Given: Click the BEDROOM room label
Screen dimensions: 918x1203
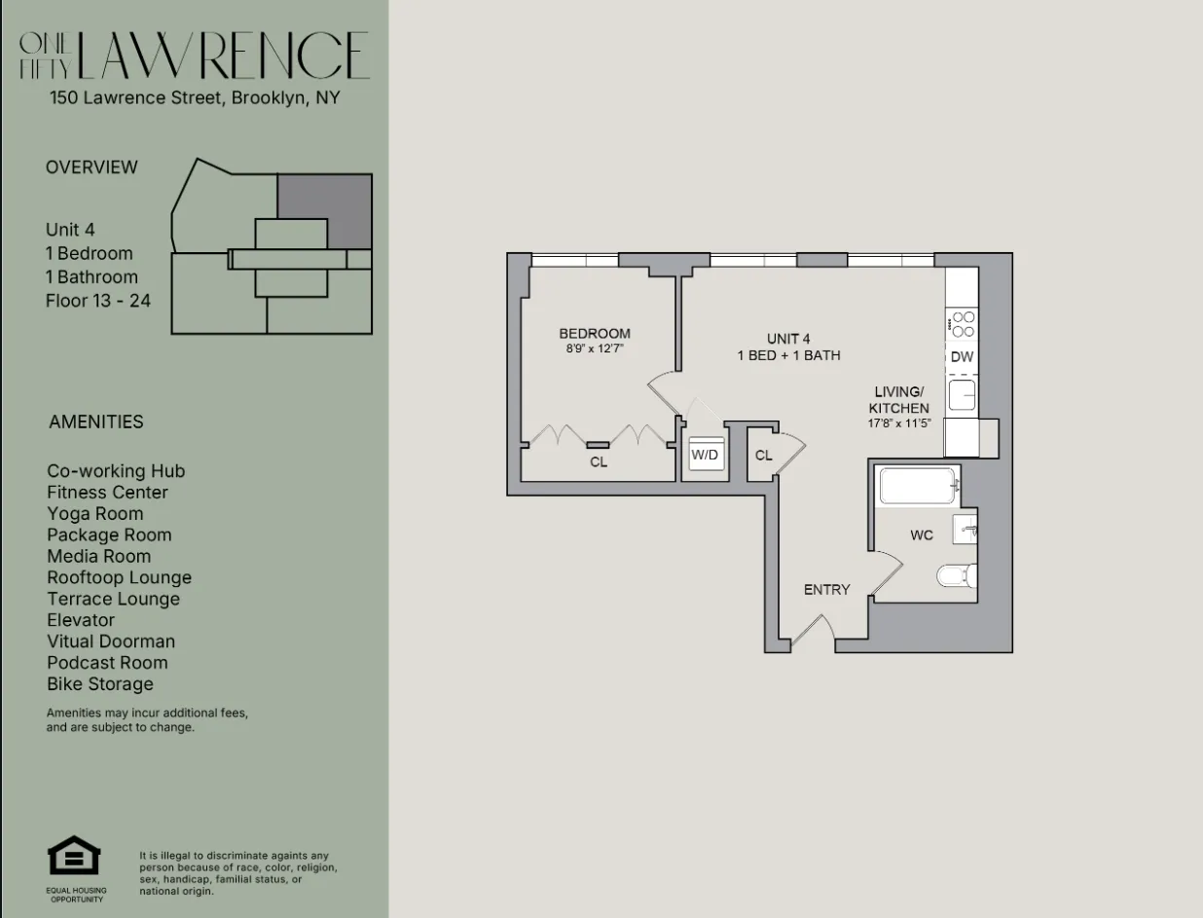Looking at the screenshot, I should point(594,334).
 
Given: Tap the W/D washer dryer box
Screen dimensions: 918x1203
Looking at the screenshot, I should point(704,455).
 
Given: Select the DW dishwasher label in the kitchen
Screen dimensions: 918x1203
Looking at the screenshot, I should point(962,357).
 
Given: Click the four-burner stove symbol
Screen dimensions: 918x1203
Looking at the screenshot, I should point(963,324).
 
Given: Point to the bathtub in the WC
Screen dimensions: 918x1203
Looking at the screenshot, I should point(918,486).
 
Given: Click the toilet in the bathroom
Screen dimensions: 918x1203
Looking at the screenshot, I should point(956,576).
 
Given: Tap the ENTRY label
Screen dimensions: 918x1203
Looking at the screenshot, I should point(826,590).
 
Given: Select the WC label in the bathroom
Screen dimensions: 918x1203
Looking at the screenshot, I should point(921,535).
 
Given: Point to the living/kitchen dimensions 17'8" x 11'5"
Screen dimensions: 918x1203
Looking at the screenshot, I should point(898,423).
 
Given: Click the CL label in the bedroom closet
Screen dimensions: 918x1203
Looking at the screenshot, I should point(599,462).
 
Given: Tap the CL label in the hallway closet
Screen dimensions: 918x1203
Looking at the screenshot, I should point(763,456).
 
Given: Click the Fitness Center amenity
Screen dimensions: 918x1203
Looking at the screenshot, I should point(107,493).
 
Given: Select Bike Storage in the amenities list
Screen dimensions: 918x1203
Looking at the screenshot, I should point(100,683).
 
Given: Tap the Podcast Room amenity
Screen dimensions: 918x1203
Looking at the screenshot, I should point(107,663).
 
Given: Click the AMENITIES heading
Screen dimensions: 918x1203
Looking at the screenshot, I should point(95,422).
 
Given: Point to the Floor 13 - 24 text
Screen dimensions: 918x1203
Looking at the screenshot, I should point(97,301).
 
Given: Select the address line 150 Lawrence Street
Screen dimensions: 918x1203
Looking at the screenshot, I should point(195,98).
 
